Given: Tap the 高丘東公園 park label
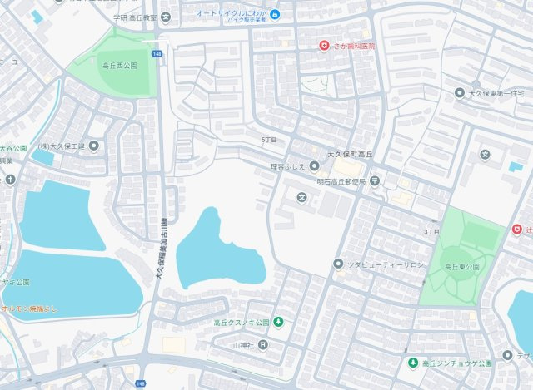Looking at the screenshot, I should (x=462, y=266).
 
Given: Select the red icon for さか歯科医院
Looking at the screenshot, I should (x=324, y=46).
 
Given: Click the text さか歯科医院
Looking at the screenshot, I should (x=352, y=46).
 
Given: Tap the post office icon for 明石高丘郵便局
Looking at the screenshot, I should (x=375, y=180).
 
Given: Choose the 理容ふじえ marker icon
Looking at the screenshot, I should (x=314, y=165).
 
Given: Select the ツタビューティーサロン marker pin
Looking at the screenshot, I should (x=338, y=264).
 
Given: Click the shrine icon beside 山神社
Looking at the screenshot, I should (x=262, y=343).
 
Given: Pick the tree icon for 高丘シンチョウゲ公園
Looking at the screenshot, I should (x=412, y=363).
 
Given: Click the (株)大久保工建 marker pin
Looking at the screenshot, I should (x=93, y=146).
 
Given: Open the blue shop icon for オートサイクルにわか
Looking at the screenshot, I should (x=275, y=14).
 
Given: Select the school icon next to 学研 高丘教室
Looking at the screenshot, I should (x=169, y=17).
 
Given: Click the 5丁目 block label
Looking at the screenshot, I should (x=267, y=139).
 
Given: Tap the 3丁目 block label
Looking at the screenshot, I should (x=431, y=231).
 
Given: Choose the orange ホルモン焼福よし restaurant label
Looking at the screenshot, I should (x=31, y=308).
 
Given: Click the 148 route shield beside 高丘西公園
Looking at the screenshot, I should (x=156, y=53).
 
